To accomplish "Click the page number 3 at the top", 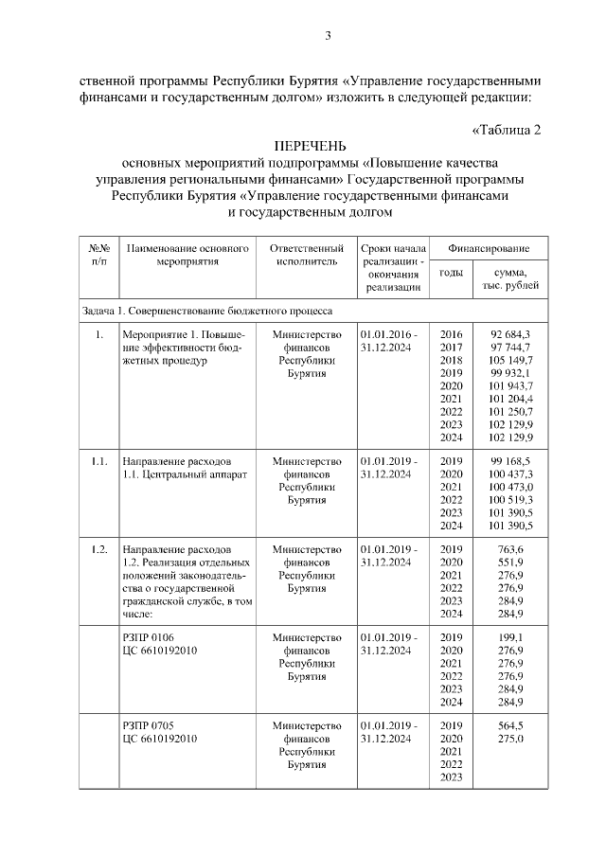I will point(328,36).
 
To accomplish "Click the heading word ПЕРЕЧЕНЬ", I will point(311,147).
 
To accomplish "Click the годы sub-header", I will point(452,273).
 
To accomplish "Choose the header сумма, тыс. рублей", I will point(510,279).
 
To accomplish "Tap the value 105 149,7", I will point(510,361).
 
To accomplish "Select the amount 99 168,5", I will point(510,461).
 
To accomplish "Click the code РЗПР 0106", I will point(149,637).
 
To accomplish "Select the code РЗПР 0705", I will point(149,725).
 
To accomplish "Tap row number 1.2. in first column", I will point(99,549).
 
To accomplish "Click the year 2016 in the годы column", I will point(452,335).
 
